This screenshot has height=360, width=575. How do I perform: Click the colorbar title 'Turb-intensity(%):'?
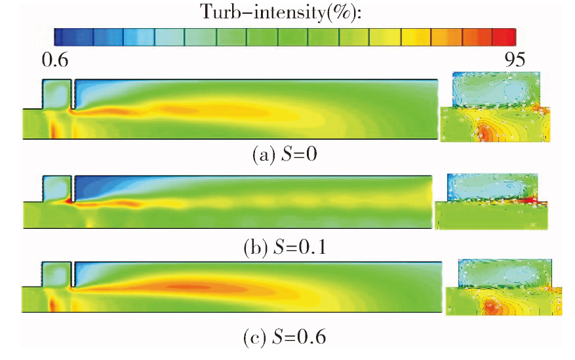[x=281, y=12]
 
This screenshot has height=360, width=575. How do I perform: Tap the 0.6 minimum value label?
[x=55, y=60]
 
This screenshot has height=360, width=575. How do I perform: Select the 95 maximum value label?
[x=515, y=60]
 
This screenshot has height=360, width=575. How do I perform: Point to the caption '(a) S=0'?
[x=285, y=154]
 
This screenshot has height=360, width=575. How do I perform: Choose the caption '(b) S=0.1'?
[x=285, y=247]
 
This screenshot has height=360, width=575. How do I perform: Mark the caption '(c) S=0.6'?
[x=285, y=337]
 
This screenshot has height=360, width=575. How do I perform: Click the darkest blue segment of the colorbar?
[x=73, y=37]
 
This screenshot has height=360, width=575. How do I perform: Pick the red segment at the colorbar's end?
[x=504, y=37]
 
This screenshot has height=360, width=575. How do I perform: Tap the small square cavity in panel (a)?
[x=57, y=94]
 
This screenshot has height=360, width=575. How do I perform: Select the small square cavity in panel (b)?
[x=57, y=189]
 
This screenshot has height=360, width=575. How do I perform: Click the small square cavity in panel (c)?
[x=56, y=274]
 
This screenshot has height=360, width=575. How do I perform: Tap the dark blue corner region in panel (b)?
[x=92, y=187]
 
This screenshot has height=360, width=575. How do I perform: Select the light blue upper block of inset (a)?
[x=496, y=89]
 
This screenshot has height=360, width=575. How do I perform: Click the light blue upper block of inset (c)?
[x=505, y=273]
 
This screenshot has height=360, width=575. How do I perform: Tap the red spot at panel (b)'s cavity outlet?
[x=68, y=201]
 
